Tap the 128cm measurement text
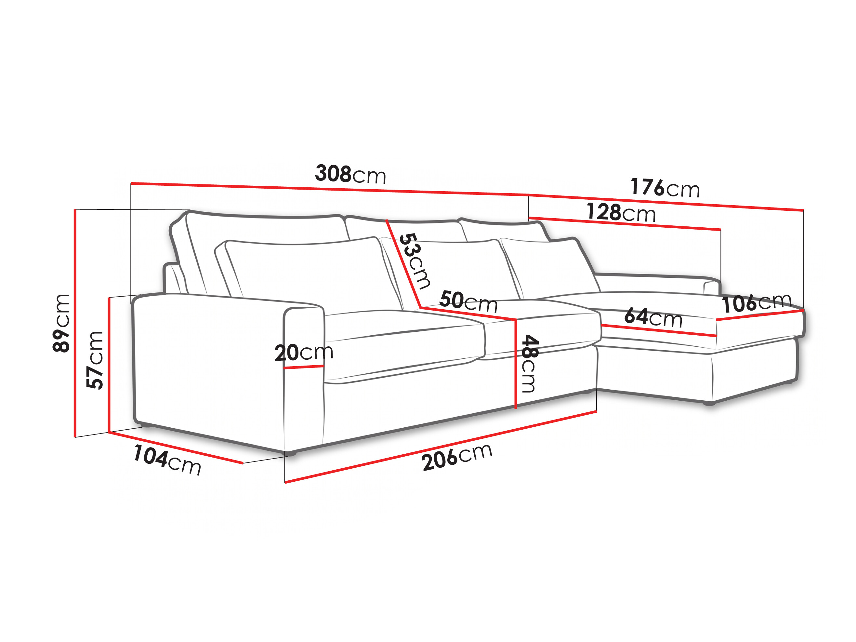(621, 213)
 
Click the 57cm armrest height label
(95, 360)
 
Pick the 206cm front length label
(457, 457)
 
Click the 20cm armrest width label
(304, 352)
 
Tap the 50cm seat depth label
(468, 301)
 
